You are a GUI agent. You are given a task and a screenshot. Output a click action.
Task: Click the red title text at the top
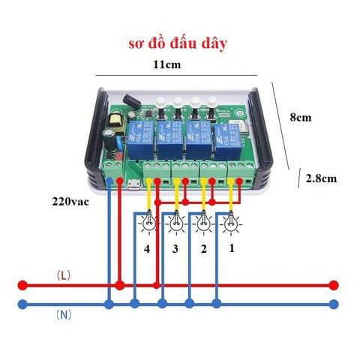pyautogui.click(x=178, y=44)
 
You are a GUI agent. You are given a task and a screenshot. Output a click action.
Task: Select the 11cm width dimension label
pyautogui.click(x=166, y=64)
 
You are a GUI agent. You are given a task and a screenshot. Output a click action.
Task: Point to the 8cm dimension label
pyautogui.click(x=301, y=117)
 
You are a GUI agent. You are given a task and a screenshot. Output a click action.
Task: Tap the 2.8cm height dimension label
pyautogui.click(x=321, y=178)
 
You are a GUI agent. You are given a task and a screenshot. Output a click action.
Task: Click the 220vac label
pyautogui.click(x=70, y=202)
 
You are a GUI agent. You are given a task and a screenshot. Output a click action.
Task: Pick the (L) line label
pyautogui.click(x=64, y=276)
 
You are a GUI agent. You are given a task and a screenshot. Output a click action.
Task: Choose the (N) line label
pyautogui.click(x=64, y=315)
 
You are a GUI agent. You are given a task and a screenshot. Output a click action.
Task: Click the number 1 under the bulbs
pyautogui.click(x=232, y=248)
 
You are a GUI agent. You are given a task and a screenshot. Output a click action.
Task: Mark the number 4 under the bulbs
pyautogui.click(x=147, y=249)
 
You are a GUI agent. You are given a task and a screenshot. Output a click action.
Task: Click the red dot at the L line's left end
pyautogui.click(x=22, y=285)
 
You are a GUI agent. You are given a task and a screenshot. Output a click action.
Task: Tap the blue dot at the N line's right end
pyautogui.click(x=334, y=304)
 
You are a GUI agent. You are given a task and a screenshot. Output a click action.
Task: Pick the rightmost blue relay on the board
pyautogui.click(x=228, y=139)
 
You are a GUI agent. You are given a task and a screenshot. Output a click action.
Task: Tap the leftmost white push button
pyautogui.click(x=160, y=102)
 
